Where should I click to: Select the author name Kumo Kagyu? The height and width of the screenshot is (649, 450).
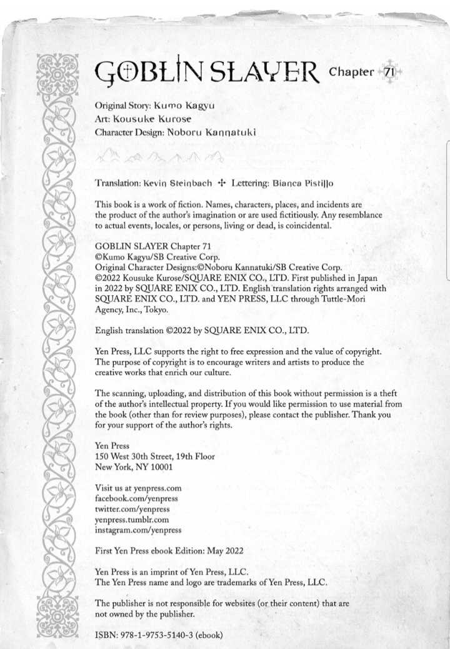[193, 106]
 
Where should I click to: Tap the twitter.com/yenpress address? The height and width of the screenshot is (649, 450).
[132, 509]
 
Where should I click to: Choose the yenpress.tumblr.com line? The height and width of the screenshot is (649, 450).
[132, 519]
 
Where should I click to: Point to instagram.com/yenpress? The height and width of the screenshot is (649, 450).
[138, 530]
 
